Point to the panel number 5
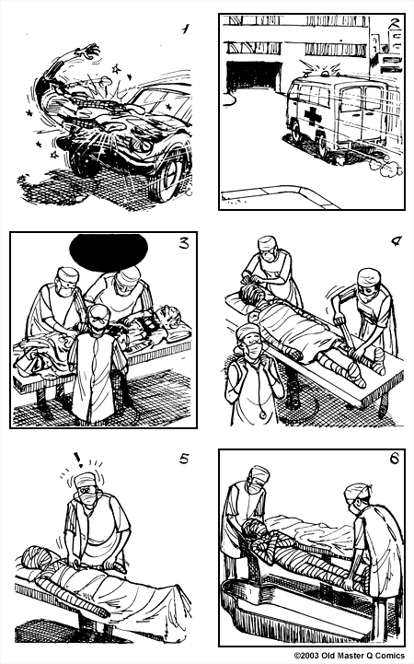pyautogui.click(x=184, y=460)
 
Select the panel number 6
pyautogui.click(x=394, y=464)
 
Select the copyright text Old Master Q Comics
pyautogui.click(x=353, y=656)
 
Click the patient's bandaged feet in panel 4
pyautogui.click(x=354, y=368)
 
